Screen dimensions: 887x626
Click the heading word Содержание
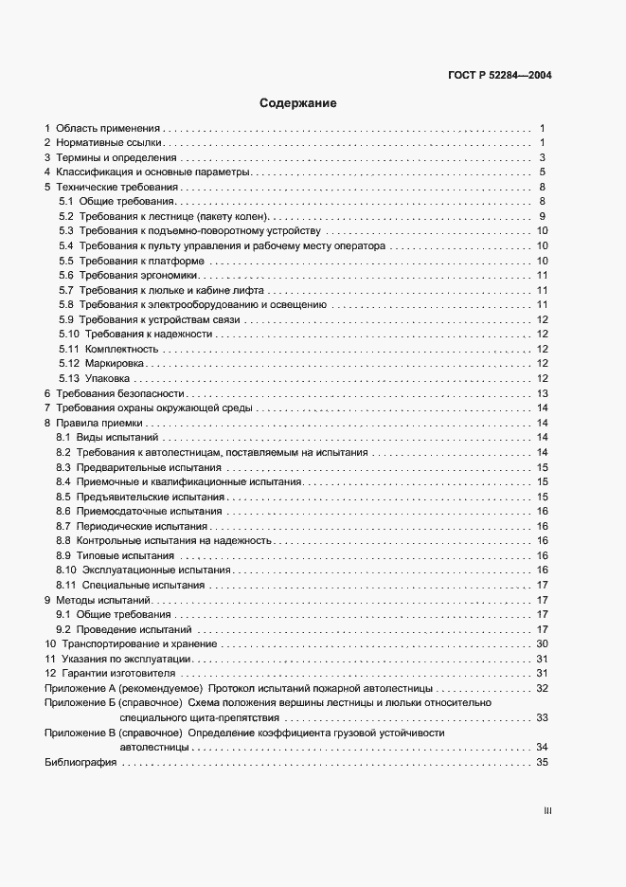(298, 102)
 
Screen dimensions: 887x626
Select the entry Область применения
(109, 127)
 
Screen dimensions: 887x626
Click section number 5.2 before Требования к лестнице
(66, 217)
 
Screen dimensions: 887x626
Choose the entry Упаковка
(107, 378)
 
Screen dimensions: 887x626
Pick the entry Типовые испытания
(127, 555)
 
